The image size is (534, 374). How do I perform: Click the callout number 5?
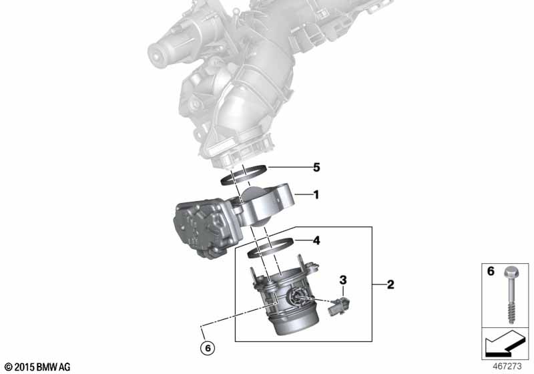click(316, 168)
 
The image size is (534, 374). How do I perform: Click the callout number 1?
click(316, 195)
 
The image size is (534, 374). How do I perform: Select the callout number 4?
click(316, 240)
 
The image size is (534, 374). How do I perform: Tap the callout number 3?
click(343, 280)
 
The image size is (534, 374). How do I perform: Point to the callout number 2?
click(390, 285)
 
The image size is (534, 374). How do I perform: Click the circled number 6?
click(208, 348)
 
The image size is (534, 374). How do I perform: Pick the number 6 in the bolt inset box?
click(491, 271)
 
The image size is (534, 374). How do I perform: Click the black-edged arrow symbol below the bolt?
click(504, 343)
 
